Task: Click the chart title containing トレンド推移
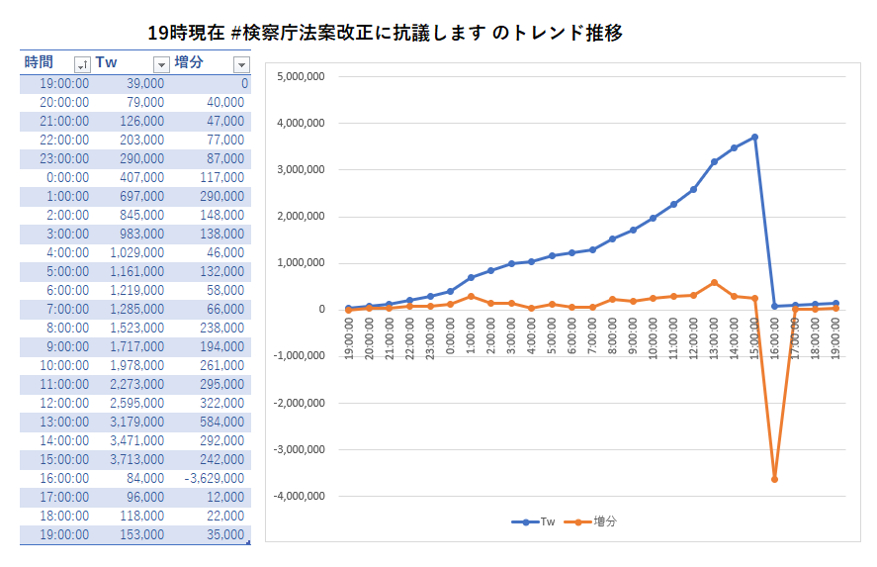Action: (385, 33)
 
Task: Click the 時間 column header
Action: (40, 63)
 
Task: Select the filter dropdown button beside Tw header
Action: (161, 64)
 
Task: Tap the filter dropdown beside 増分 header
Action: (240, 64)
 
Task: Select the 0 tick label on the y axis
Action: (320, 310)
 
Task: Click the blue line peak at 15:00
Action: (754, 138)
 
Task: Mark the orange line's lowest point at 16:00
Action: (774, 479)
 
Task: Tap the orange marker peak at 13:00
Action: (714, 283)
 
